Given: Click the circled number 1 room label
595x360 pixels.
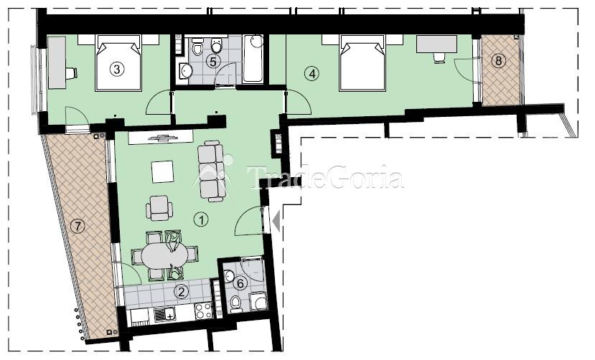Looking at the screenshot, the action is point(201,219).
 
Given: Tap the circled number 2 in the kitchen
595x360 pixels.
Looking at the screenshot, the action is point(182,292).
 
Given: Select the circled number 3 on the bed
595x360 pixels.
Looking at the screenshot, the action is point(117,69).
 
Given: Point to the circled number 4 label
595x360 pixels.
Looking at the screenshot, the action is point(312,74).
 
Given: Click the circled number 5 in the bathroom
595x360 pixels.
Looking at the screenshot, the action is point(213,61).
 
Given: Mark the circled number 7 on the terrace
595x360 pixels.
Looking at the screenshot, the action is point(78,226).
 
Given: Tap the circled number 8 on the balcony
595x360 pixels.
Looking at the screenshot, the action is point(498,61).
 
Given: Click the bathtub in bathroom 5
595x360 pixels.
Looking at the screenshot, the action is point(253,58).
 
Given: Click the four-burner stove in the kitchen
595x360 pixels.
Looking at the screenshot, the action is point(203,311).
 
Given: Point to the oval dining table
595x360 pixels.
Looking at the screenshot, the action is point(164,256).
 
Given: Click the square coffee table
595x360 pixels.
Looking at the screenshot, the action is point(162,171).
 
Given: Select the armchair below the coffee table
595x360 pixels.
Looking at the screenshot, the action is point(159,208).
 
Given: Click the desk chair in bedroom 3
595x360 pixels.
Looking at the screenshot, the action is point(71,73).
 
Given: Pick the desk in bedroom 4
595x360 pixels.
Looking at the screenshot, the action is point(437,44).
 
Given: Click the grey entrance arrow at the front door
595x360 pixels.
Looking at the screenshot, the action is point(276,221).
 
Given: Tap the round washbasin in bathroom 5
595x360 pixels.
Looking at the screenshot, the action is point(186,70).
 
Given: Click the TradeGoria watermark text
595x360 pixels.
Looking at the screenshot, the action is point(325,177).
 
